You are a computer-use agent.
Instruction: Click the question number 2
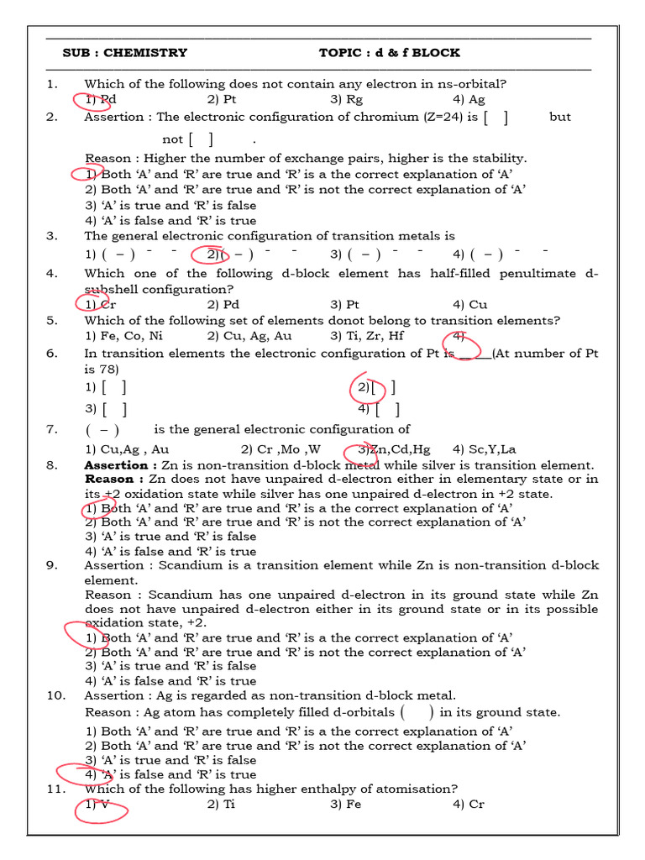52,117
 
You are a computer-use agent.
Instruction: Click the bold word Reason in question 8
108,479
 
